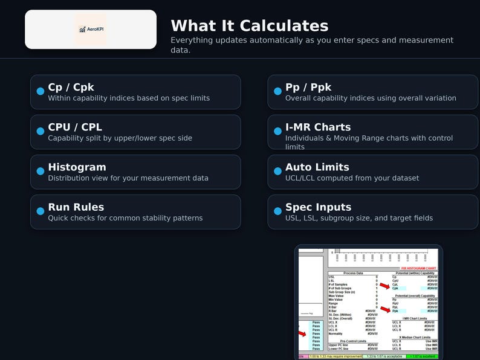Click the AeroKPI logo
(x=90, y=29)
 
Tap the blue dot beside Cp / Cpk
(x=41, y=91)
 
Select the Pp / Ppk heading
(x=308, y=87)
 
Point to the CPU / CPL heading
(x=75, y=127)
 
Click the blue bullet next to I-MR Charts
(x=278, y=131)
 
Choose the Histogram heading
(x=77, y=167)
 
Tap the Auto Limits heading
(x=317, y=167)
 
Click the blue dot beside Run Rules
(x=41, y=211)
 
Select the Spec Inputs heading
(x=319, y=207)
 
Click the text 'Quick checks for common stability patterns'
(x=125, y=218)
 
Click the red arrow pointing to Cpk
(x=384, y=286)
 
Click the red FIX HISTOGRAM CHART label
(x=419, y=268)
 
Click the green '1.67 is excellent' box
(x=421, y=356)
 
